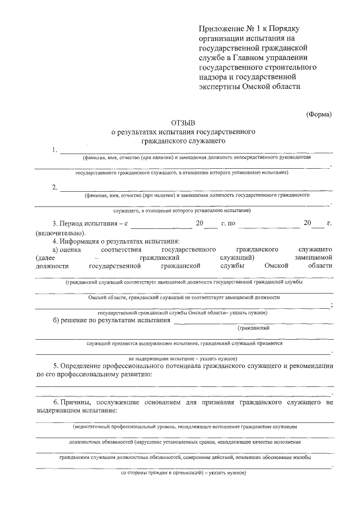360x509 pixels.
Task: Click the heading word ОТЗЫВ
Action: (183, 122)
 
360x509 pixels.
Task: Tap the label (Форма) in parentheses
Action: (318, 114)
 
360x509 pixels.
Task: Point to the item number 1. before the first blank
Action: (54, 150)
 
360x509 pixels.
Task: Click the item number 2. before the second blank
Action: (54, 187)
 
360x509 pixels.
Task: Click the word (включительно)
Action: (60, 233)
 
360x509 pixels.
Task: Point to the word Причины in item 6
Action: (84, 403)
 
